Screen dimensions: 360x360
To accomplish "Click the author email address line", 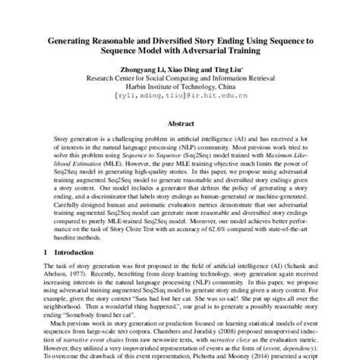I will [x=180, y=96].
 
